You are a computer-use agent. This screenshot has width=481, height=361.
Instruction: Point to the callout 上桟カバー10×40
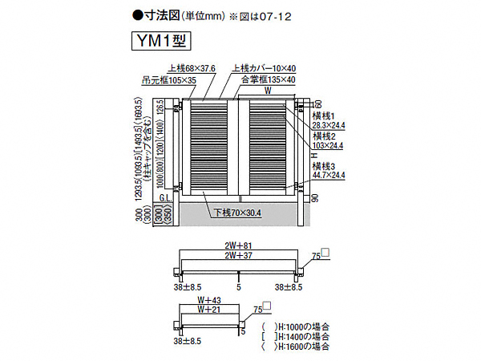pyautogui.click(x=265, y=69)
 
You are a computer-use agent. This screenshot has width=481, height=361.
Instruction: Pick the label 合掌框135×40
pyautogui.click(x=269, y=80)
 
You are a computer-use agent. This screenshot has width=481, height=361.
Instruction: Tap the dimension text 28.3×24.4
pyautogui.click(x=330, y=125)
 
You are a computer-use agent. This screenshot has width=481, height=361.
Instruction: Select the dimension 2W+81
pyautogui.click(x=240, y=247)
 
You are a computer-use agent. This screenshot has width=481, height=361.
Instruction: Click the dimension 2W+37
pyautogui.click(x=240, y=257)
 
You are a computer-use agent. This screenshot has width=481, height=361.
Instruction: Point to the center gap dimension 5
pyautogui.click(x=239, y=285)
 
